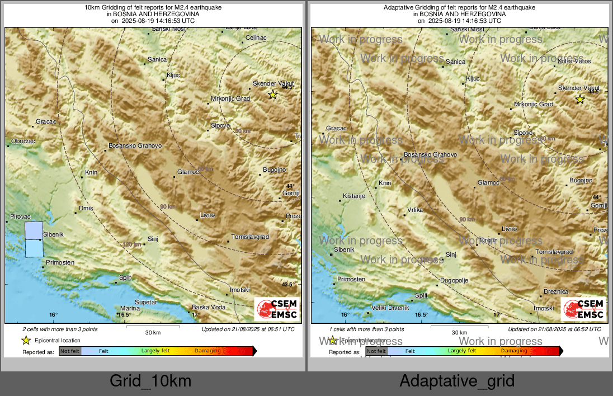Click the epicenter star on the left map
(x=272, y=95)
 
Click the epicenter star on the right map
(x=580, y=100)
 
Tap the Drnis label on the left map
(x=86, y=209)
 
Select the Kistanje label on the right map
(x=353, y=196)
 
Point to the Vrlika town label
(x=414, y=210)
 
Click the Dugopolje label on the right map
(x=454, y=280)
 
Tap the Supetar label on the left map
(x=145, y=302)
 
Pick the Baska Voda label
(x=209, y=307)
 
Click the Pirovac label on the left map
(x=21, y=216)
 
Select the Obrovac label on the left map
(x=23, y=141)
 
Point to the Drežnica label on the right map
(x=556, y=292)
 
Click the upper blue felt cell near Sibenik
(x=34, y=230)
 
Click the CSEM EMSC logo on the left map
(x=277, y=310)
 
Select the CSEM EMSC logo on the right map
(x=583, y=310)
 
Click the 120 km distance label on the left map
(x=132, y=244)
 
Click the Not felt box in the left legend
(x=70, y=351)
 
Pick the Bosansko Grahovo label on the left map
(x=135, y=145)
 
